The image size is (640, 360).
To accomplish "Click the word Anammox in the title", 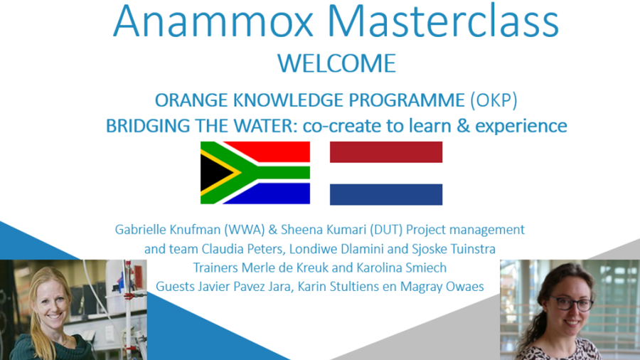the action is tap(213, 21).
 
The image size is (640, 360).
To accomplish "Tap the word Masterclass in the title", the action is tap(443, 21).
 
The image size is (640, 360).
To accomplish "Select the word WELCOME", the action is tap(337, 63).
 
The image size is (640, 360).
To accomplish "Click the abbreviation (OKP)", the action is tap(494, 100).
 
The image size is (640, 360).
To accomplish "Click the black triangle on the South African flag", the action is tap(214, 173).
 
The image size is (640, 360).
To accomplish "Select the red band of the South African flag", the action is tap(277, 152).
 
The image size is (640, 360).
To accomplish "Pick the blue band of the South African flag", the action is tap(277, 194).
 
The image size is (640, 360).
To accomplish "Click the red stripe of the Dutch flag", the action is tap(386, 152).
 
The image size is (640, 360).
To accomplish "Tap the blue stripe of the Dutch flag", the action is tap(386, 194).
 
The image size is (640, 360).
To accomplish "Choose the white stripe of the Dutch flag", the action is tap(386, 173).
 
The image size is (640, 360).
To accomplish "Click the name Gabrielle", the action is tap(140, 229).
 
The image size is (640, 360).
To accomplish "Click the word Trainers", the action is tap(215, 268).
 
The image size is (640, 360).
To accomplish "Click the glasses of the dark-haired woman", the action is tap(570, 304).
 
